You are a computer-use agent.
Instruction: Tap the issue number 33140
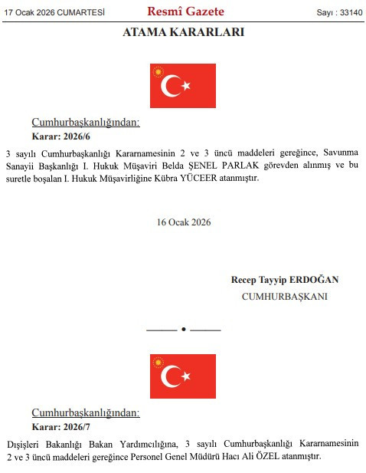(x=348, y=13)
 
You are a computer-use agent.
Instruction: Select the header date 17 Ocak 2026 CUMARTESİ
(x=54, y=13)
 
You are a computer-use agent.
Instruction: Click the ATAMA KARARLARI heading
(x=183, y=32)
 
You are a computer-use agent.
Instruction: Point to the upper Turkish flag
(x=183, y=86)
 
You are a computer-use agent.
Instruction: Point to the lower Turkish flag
(x=183, y=376)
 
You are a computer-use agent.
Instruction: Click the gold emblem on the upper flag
(x=159, y=72)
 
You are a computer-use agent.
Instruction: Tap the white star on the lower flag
(x=186, y=376)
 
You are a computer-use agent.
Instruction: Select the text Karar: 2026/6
(x=60, y=136)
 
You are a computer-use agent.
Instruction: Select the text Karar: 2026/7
(x=60, y=426)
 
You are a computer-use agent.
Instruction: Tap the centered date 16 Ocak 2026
(x=183, y=222)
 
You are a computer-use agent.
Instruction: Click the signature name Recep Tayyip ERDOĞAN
(x=284, y=280)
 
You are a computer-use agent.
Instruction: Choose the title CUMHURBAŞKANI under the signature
(x=284, y=296)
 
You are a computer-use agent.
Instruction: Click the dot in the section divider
(x=183, y=329)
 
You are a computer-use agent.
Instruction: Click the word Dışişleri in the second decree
(x=27, y=443)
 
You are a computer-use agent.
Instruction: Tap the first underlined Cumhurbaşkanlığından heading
(x=85, y=123)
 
